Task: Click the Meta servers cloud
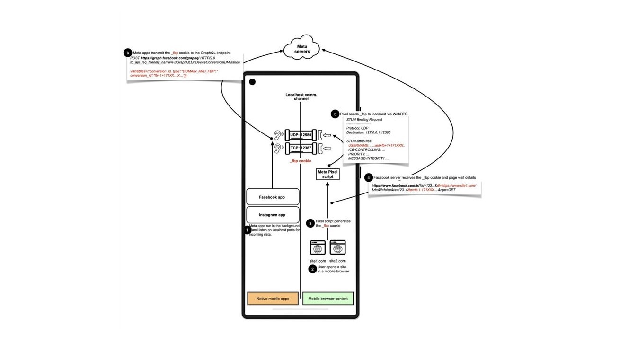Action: point(302,48)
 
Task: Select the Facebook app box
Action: point(272,197)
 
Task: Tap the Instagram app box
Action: point(272,215)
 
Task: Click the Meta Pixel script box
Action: point(327,174)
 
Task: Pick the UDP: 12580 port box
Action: point(301,135)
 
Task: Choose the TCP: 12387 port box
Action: point(301,148)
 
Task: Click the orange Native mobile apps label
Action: point(273,299)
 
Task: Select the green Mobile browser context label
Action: point(328,299)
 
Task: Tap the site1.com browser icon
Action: point(318,247)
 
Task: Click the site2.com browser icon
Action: point(337,247)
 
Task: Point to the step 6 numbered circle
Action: point(127,53)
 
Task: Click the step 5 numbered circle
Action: point(335,114)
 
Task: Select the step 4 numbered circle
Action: point(368,178)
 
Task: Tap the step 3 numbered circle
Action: point(310,223)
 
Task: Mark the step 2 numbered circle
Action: point(312,269)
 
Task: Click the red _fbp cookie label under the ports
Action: point(301,161)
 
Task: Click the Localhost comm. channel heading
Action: point(301,97)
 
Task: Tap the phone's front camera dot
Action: point(252,82)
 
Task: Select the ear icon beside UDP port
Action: point(278,135)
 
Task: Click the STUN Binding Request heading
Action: point(364,120)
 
